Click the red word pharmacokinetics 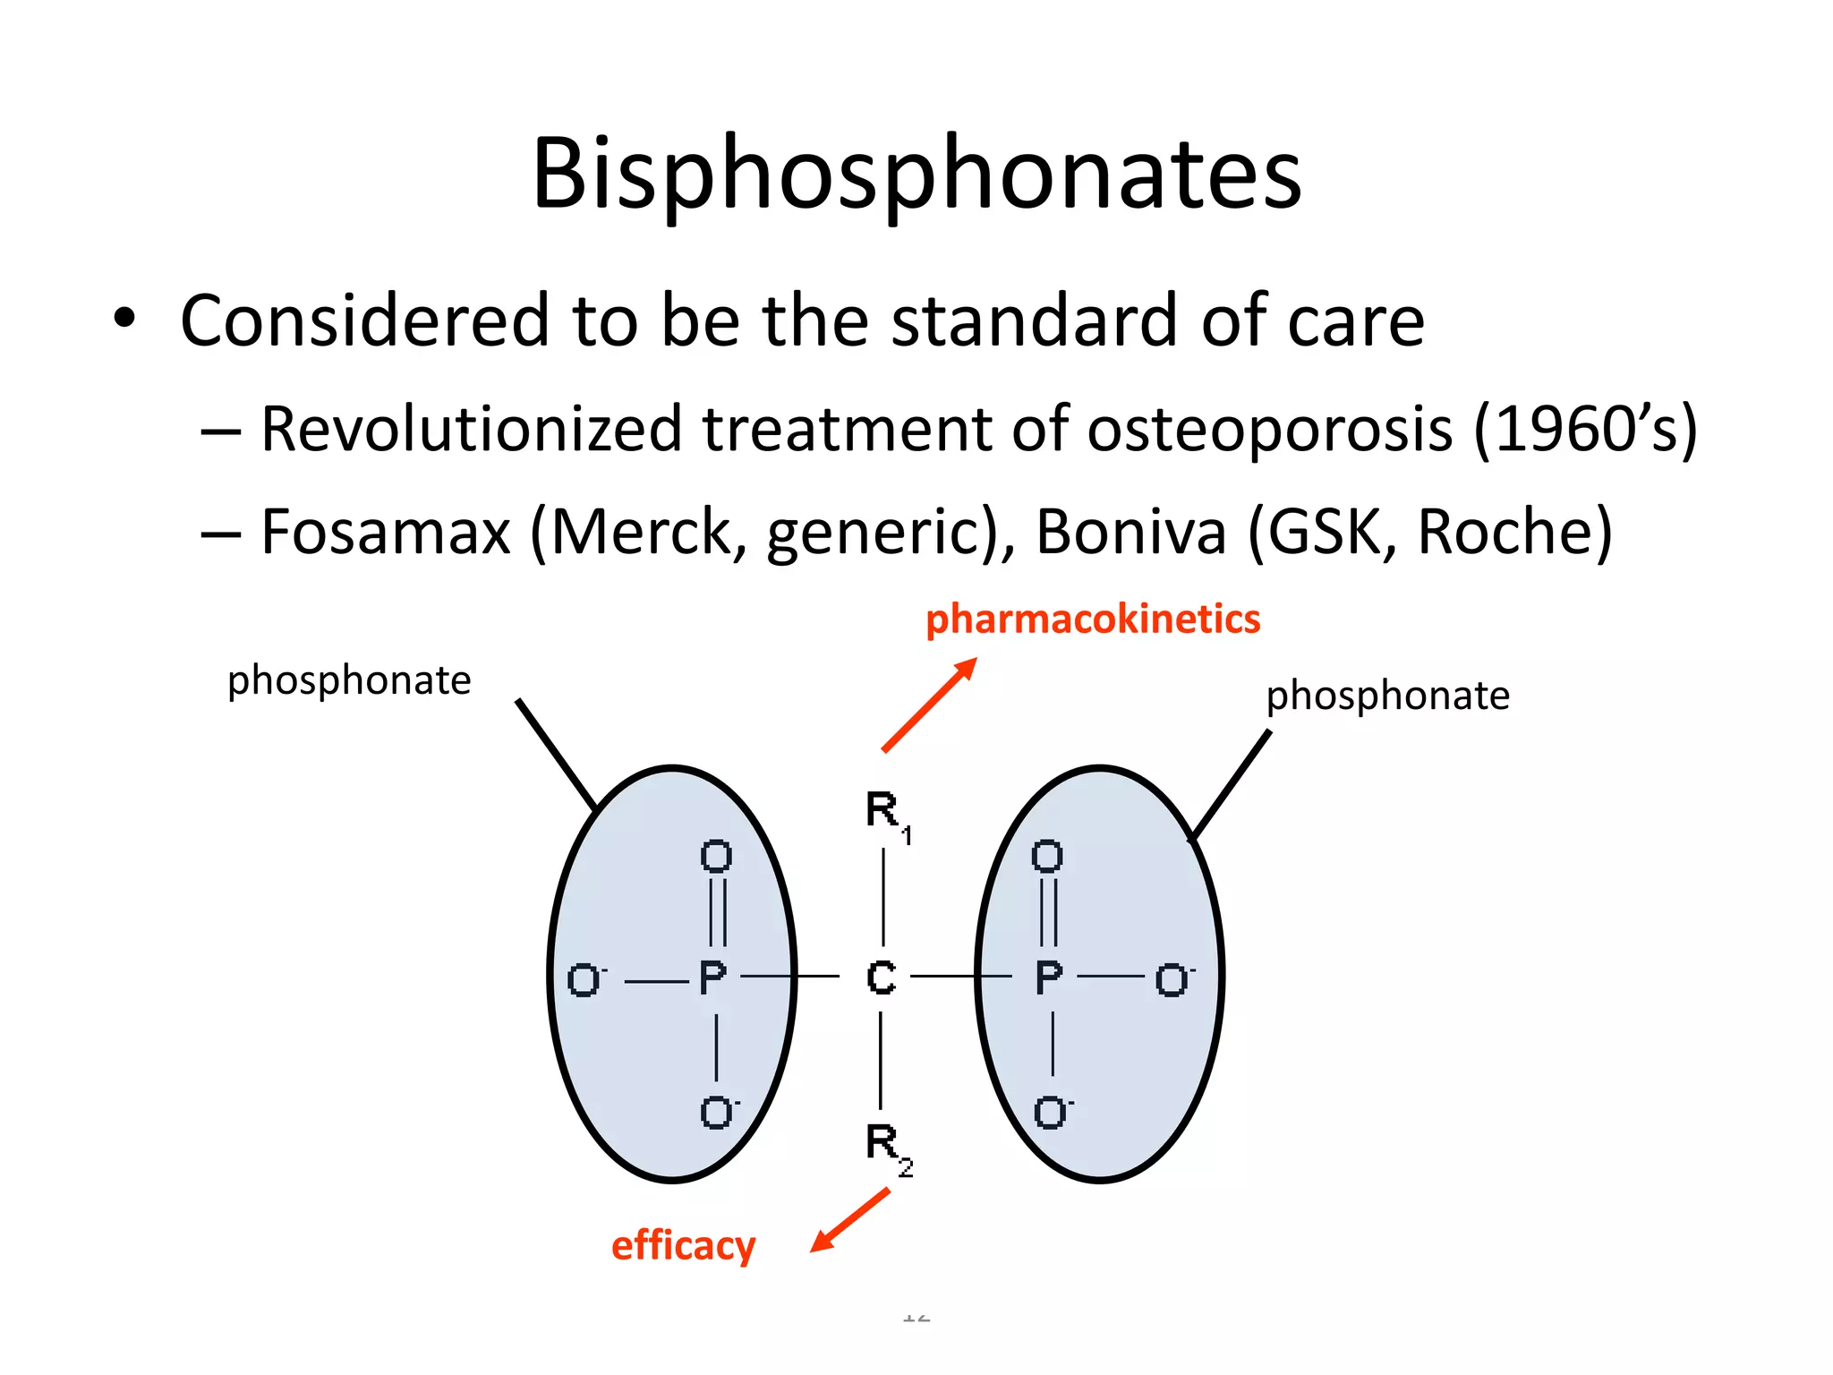pos(1093,619)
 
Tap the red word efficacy pos(683,1245)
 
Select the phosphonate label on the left pos(349,680)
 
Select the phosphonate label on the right pos(1387,696)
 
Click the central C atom pos(881,978)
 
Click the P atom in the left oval pos(712,978)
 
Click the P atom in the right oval pos(1048,978)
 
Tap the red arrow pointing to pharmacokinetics pos(929,705)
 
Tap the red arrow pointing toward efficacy pos(850,1220)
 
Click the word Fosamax pos(385,532)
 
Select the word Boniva pos(1130,532)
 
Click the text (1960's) pos(1584,430)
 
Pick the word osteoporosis pos(1269,430)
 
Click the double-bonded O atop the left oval pos(716,857)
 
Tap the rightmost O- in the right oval pos(1172,980)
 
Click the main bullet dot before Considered pos(124,319)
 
